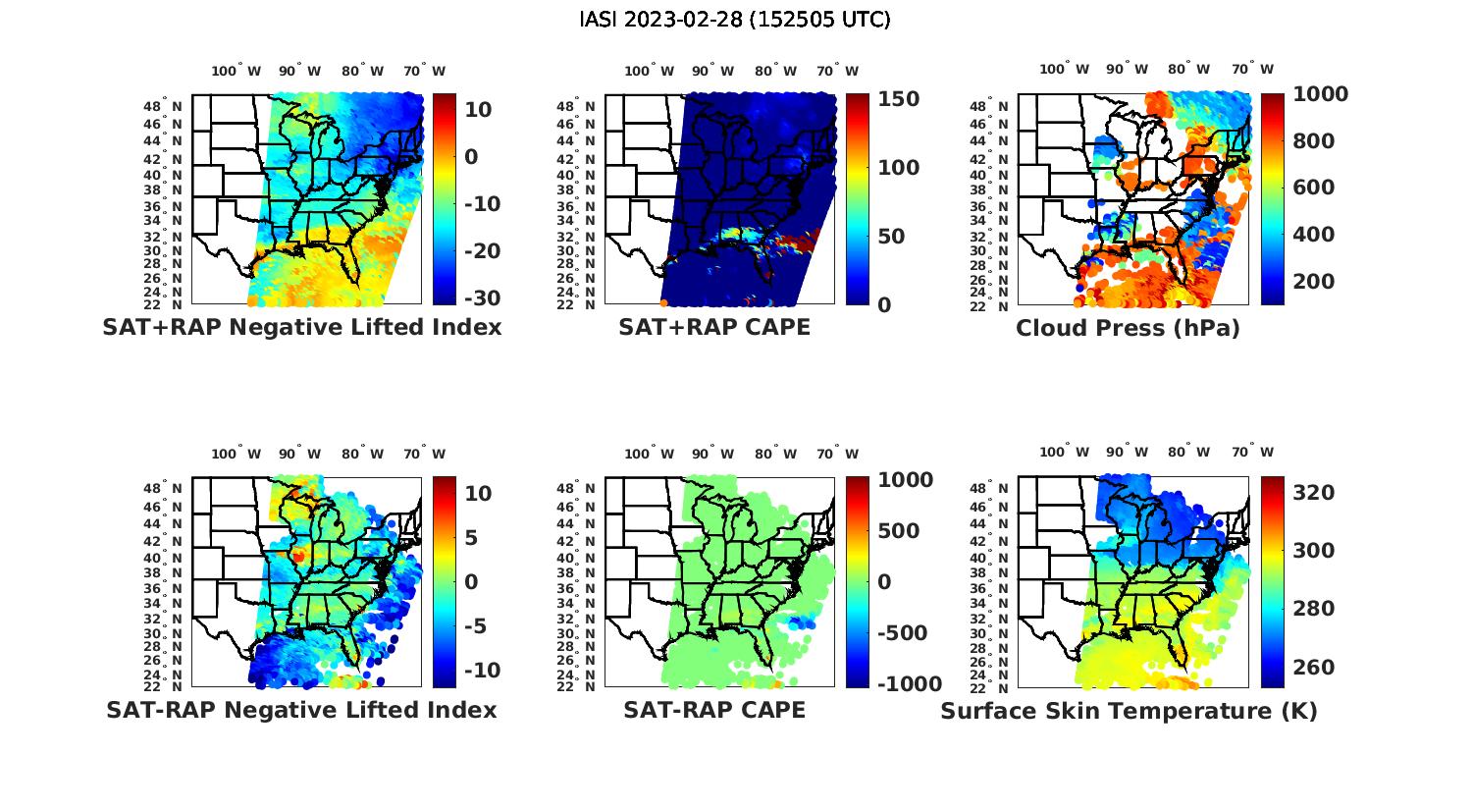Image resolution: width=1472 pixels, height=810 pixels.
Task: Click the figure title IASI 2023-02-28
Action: point(735,20)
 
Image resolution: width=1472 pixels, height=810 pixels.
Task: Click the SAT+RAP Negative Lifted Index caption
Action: point(301,327)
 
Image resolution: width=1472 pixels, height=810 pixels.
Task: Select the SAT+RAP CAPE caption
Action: point(714,327)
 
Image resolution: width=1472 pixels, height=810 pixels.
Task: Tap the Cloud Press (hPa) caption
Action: point(1128,328)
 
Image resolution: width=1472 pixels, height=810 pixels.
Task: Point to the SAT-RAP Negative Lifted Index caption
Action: point(301,710)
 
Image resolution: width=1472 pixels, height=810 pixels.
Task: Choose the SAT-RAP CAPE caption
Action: point(714,710)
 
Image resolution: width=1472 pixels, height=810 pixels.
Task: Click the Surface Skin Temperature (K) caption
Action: point(1129,711)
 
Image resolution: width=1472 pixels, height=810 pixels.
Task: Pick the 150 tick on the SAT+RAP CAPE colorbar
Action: point(898,99)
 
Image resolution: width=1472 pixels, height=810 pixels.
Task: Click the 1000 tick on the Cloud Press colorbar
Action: point(1320,94)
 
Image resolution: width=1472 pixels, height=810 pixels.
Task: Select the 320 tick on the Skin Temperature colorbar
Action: point(1314,493)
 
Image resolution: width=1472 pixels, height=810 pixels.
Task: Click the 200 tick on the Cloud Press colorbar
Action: point(1314,282)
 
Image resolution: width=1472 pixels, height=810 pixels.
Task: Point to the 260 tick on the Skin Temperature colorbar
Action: point(1314,668)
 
